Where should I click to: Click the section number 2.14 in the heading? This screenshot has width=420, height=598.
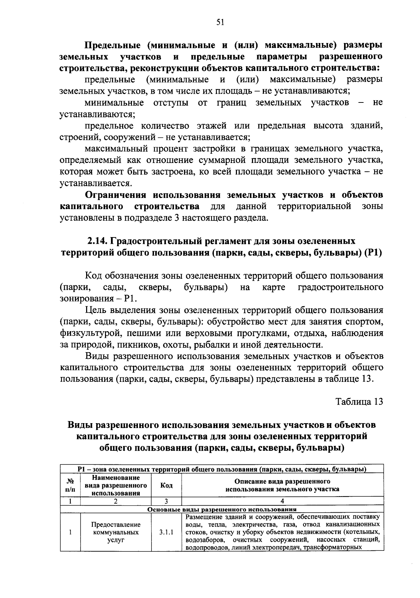(x=97, y=241)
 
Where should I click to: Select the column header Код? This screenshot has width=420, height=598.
(x=166, y=485)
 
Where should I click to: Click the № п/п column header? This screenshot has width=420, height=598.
(x=70, y=485)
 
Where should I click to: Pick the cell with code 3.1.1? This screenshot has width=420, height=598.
(x=166, y=533)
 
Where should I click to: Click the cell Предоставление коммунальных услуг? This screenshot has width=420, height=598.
(x=116, y=533)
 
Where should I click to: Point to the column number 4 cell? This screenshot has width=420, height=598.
(x=282, y=501)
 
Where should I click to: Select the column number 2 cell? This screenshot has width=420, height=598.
(x=116, y=501)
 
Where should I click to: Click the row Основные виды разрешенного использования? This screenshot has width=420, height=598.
(x=222, y=510)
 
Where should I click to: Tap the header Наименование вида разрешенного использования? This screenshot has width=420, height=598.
(x=116, y=485)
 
